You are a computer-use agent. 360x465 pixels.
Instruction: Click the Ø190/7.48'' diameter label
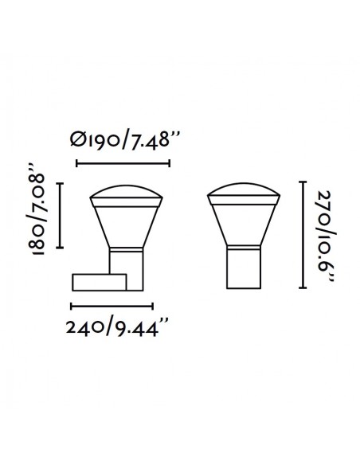pos(124,141)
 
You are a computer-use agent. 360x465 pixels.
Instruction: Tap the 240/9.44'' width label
pos(117,327)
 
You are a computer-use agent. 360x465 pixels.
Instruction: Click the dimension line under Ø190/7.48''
pos(123,163)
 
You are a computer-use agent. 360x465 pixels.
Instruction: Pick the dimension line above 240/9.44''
pos(112,307)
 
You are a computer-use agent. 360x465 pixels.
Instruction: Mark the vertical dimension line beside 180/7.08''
pos(61,215)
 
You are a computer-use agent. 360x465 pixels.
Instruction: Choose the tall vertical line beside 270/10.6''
pos(303,235)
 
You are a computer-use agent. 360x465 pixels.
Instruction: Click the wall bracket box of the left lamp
pos(100,283)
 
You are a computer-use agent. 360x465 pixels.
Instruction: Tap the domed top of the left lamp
pos(126,192)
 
